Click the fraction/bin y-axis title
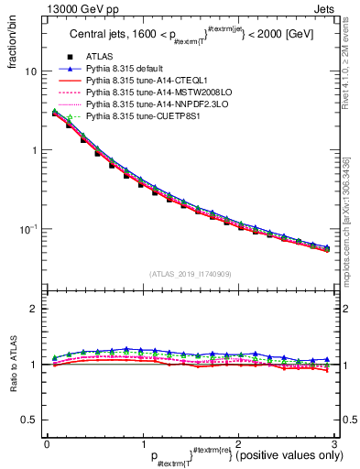tap(12, 41)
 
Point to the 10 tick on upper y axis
tap(30, 71)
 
